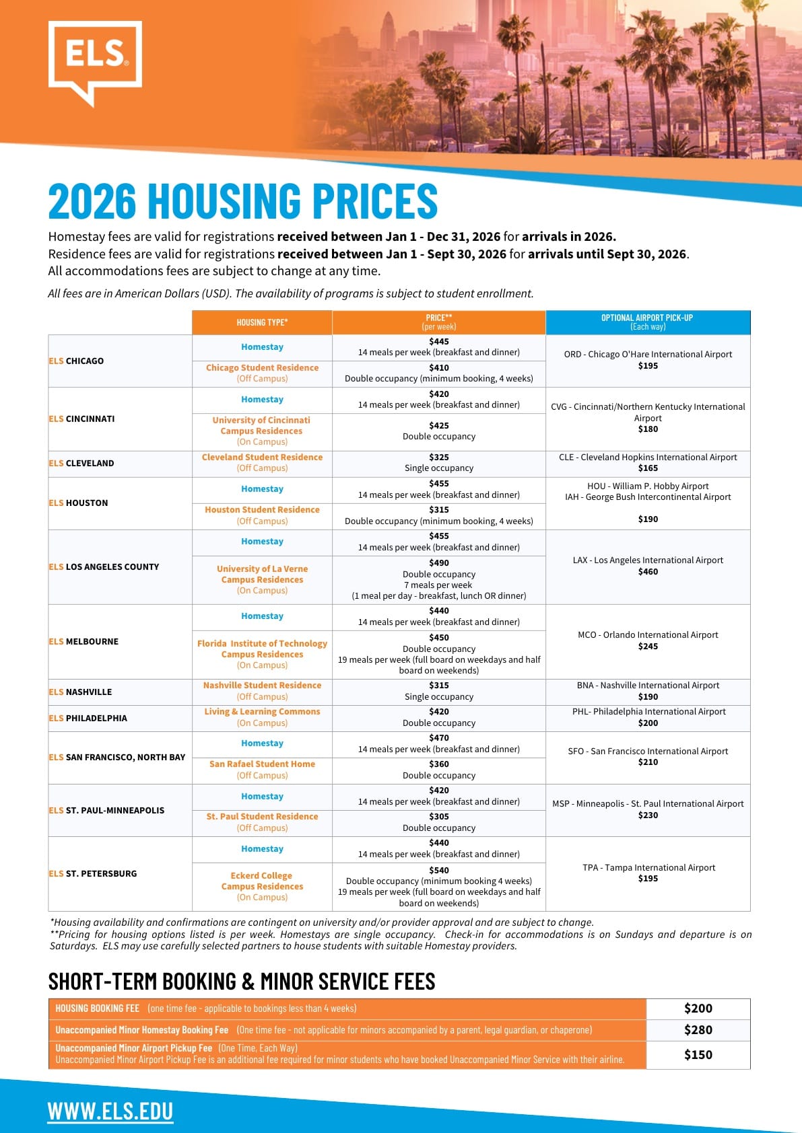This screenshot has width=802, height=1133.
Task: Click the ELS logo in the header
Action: click(x=95, y=61)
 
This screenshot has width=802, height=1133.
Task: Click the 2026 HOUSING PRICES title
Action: click(x=242, y=200)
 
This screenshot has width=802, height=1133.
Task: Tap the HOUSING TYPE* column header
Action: click(x=262, y=322)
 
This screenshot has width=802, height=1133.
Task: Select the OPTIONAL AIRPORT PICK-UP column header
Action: click(x=647, y=322)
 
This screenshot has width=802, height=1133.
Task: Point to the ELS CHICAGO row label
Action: click(x=76, y=361)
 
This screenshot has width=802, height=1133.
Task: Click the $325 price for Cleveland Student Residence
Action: click(x=438, y=458)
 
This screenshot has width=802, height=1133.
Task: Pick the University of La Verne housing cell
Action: click(x=262, y=579)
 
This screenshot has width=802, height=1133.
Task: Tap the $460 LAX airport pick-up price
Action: click(x=648, y=572)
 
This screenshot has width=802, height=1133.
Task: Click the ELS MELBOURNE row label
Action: click(x=83, y=642)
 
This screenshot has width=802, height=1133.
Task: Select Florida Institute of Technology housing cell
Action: click(x=262, y=654)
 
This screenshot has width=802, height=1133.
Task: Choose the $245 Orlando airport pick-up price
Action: click(x=648, y=647)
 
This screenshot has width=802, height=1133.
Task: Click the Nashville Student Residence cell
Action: click(x=262, y=691)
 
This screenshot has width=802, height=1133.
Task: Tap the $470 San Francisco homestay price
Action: click(x=438, y=738)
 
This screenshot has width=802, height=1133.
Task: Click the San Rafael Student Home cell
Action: click(x=262, y=770)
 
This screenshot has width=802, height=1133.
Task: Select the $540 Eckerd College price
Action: click(x=438, y=870)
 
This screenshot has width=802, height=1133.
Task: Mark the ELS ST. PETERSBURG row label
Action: click(x=92, y=874)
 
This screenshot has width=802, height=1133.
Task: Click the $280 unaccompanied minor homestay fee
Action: click(x=698, y=1030)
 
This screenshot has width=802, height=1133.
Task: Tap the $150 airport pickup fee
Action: click(x=698, y=1055)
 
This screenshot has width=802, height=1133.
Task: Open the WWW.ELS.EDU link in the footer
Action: click(x=110, y=1111)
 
